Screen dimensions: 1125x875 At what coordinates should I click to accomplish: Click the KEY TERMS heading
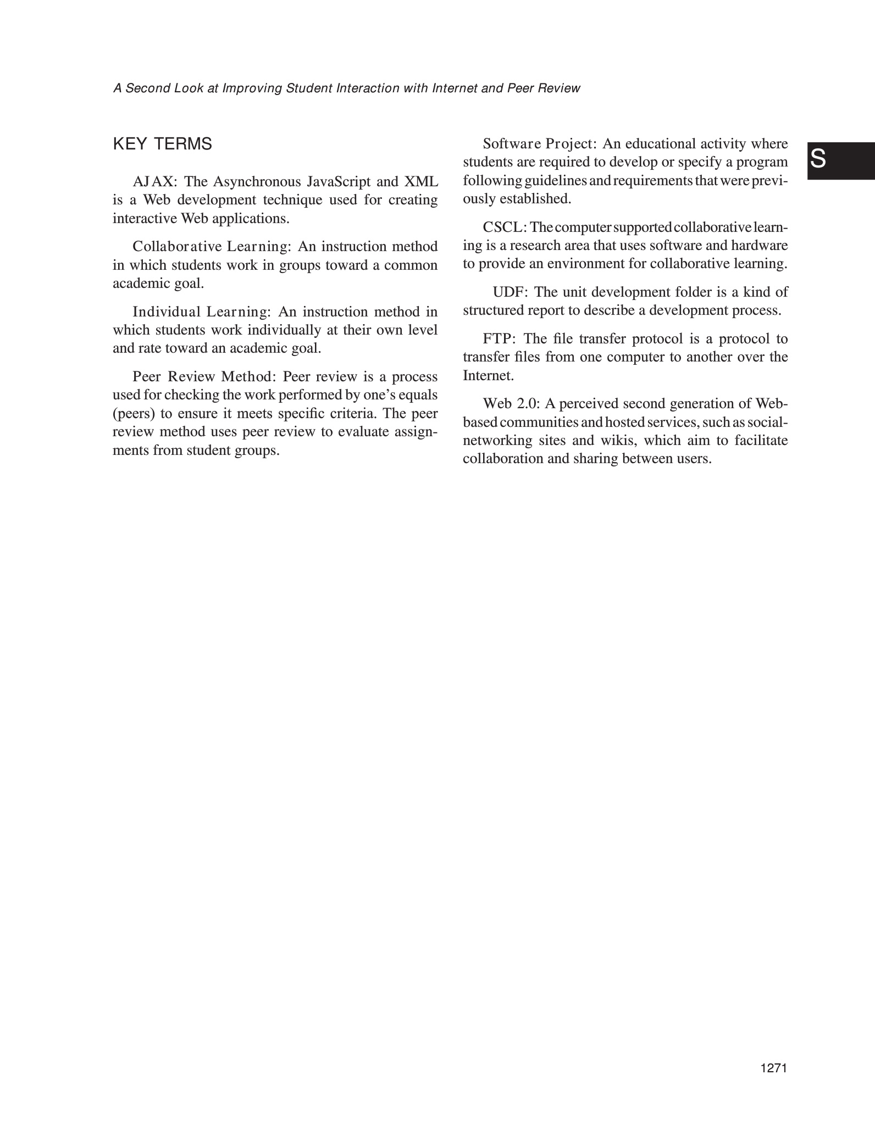[x=162, y=144]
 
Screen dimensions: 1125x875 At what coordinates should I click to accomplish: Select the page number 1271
[x=774, y=1068]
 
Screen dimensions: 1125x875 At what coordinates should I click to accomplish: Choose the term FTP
[x=497, y=339]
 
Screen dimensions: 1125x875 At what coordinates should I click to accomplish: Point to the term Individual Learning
[x=201, y=313]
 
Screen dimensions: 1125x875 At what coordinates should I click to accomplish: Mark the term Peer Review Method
[x=206, y=377]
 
